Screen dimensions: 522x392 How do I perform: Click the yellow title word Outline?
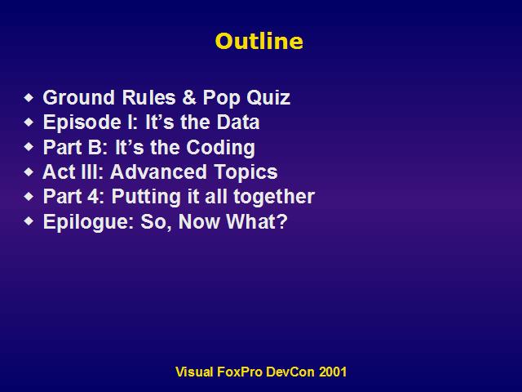(259, 41)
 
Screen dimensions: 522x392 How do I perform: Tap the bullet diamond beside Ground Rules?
(29, 98)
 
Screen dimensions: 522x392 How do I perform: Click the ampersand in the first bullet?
(189, 98)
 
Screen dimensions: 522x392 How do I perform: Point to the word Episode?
(82, 122)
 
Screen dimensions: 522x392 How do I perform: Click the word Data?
(238, 122)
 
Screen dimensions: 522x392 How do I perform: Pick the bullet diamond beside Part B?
(29, 147)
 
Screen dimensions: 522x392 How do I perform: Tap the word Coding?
(220, 148)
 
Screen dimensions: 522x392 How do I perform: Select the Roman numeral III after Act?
(91, 171)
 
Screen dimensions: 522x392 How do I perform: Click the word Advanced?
(158, 171)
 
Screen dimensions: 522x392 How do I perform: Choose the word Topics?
(246, 172)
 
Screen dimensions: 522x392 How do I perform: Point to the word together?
(274, 197)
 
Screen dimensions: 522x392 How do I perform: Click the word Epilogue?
(87, 221)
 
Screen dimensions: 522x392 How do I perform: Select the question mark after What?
(281, 221)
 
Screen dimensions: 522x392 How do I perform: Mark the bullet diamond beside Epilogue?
(29, 221)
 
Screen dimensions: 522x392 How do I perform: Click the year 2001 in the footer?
(333, 372)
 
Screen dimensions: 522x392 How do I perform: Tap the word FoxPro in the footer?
(240, 372)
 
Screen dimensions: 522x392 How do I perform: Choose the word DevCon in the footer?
(290, 372)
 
